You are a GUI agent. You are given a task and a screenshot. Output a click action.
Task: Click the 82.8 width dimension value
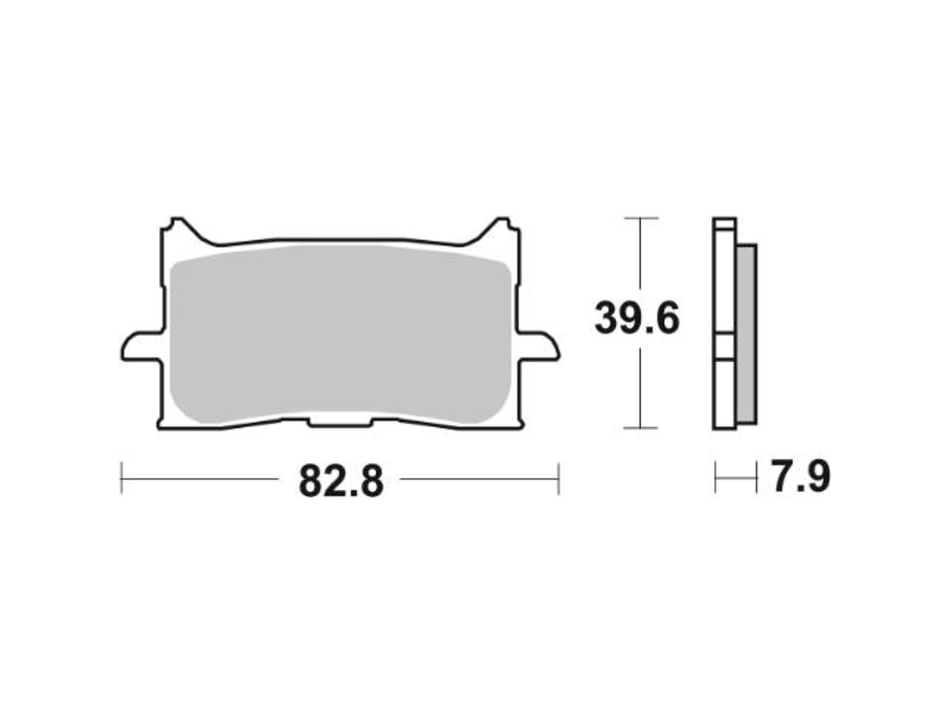point(341,480)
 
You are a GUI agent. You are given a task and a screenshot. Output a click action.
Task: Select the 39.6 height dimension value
point(637,319)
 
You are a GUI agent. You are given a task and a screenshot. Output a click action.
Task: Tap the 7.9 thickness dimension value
point(798,478)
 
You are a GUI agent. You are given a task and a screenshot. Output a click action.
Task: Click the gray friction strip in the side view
point(747,333)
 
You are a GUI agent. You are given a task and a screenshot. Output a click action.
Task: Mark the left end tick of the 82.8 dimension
point(122,479)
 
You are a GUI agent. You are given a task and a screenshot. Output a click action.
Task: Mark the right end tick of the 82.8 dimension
point(557,479)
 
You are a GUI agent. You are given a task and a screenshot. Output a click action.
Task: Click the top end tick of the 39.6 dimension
point(640,218)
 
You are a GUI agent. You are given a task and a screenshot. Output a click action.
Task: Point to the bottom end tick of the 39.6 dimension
point(640,429)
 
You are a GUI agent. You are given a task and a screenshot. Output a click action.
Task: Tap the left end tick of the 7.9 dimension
point(715,479)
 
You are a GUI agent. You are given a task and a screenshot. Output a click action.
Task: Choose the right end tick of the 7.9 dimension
point(757,479)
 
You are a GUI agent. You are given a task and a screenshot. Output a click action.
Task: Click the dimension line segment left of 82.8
point(200,479)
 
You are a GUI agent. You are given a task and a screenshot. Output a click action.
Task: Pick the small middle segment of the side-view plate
point(723,346)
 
